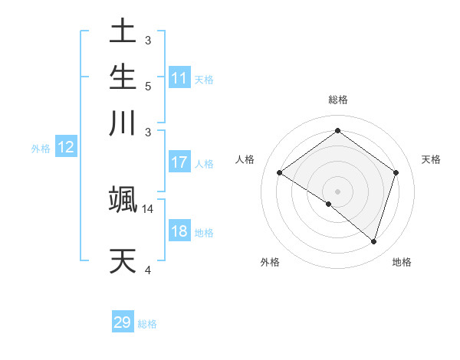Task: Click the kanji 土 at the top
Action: pyautogui.click(x=123, y=32)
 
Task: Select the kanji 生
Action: pyautogui.click(x=123, y=77)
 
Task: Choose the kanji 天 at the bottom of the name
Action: pyautogui.click(x=123, y=260)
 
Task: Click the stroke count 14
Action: pyautogui.click(x=148, y=208)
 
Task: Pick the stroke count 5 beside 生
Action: pyautogui.click(x=148, y=86)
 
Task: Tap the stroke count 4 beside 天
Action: pyautogui.click(x=148, y=269)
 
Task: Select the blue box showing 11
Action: pyautogui.click(x=179, y=78)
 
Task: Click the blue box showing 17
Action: pyautogui.click(x=179, y=162)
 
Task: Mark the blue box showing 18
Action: pyautogui.click(x=179, y=232)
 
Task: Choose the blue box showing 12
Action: pyautogui.click(x=66, y=148)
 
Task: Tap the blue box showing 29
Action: pyautogui.click(x=123, y=322)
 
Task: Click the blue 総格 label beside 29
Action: pyautogui.click(x=148, y=324)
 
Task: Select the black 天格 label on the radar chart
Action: pyautogui.click(x=432, y=159)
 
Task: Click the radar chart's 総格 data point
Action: pyautogui.click(x=337, y=131)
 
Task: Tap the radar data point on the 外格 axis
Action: pyautogui.click(x=329, y=204)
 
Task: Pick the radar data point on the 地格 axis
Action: pyautogui.click(x=373, y=241)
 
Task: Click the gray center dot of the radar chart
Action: pyautogui.click(x=337, y=191)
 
